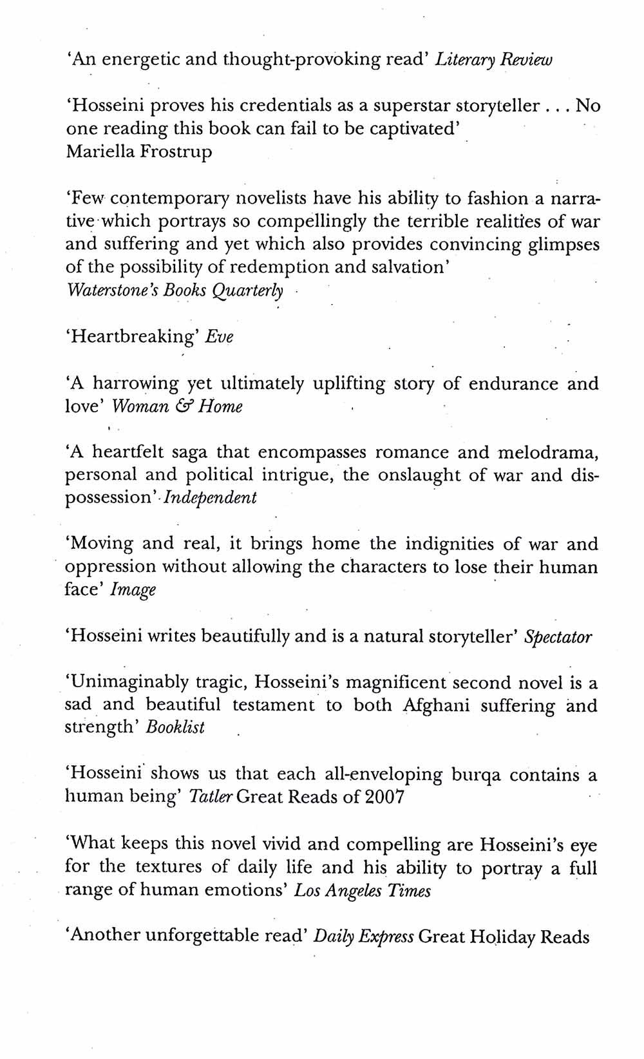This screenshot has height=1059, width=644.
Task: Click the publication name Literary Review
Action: click(493, 61)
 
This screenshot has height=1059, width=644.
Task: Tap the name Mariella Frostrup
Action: click(138, 152)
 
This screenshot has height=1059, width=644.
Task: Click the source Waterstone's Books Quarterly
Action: click(175, 290)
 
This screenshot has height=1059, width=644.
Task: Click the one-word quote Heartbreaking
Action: click(135, 337)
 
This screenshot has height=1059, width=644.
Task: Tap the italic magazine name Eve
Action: click(219, 337)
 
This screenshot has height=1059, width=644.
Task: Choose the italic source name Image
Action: click(133, 590)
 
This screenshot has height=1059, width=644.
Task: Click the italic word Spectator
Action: click(558, 637)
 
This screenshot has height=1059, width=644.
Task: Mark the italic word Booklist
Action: click(175, 727)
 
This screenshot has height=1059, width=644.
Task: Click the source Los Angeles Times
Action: click(363, 891)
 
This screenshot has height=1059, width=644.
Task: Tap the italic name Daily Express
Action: click(363, 937)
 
